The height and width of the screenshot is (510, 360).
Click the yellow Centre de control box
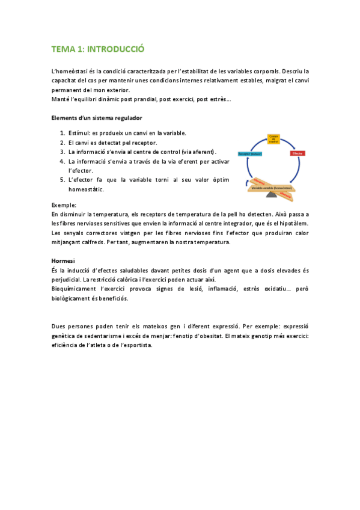pyautogui.click(x=273, y=139)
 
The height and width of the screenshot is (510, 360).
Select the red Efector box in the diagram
pyautogui.click(x=297, y=154)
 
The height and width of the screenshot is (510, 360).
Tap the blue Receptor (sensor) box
pyautogui.click(x=250, y=154)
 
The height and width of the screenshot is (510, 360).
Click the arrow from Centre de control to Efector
pyautogui.click(x=290, y=143)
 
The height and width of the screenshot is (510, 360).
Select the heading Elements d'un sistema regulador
pyautogui.click(x=97, y=117)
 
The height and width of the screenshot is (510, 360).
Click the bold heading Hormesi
pyautogui.click(x=63, y=260)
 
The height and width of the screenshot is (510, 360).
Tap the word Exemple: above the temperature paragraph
pyautogui.click(x=64, y=205)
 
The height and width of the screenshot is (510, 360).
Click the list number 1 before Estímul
pyautogui.click(x=63, y=133)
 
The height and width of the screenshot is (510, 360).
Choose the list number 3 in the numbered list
pyautogui.click(x=63, y=152)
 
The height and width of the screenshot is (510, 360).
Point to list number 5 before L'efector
pyautogui.click(x=63, y=180)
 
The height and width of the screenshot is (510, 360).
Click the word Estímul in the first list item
pyautogui.click(x=79, y=133)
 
